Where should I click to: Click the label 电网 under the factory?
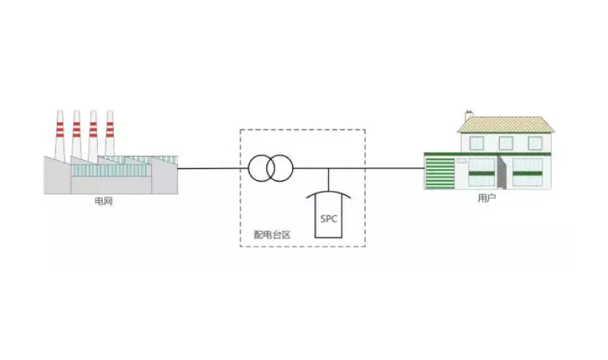[x=104, y=203]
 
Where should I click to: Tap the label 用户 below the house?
[x=487, y=198]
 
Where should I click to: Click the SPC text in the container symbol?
[x=329, y=218]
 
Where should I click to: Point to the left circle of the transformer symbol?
[x=261, y=168]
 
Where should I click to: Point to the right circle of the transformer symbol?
[x=281, y=168]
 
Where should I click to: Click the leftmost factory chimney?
[x=60, y=137]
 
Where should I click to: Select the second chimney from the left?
[x=76, y=137]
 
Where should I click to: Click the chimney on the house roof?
[x=469, y=115]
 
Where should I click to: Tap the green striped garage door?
[x=439, y=174]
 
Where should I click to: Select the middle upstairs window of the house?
[x=507, y=142]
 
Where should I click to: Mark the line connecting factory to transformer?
[x=212, y=168]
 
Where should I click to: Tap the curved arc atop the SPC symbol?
[x=329, y=192]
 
